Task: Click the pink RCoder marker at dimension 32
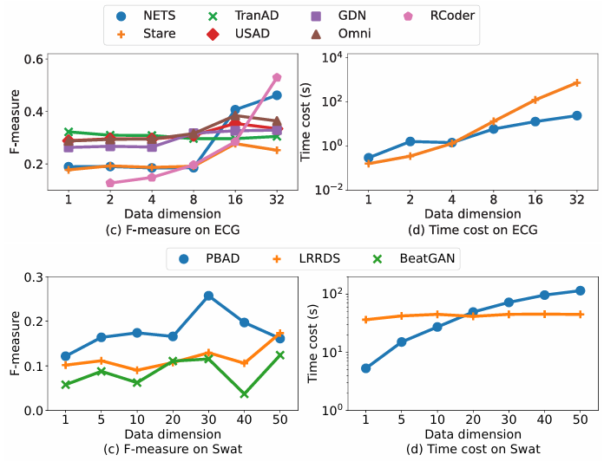(277, 78)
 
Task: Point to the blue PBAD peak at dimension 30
(208, 296)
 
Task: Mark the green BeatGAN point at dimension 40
(244, 394)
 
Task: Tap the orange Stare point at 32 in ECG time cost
(576, 82)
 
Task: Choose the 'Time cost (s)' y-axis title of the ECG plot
(305, 122)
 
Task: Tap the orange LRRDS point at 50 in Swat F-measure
(279, 333)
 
